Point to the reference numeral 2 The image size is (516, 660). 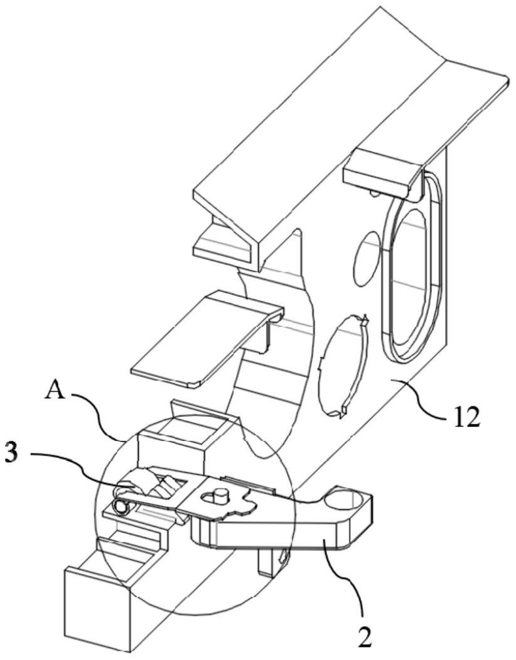pyautogui.click(x=365, y=636)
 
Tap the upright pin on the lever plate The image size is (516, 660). pyautogui.click(x=219, y=494)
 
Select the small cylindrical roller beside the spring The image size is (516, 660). pyautogui.click(x=121, y=507)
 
